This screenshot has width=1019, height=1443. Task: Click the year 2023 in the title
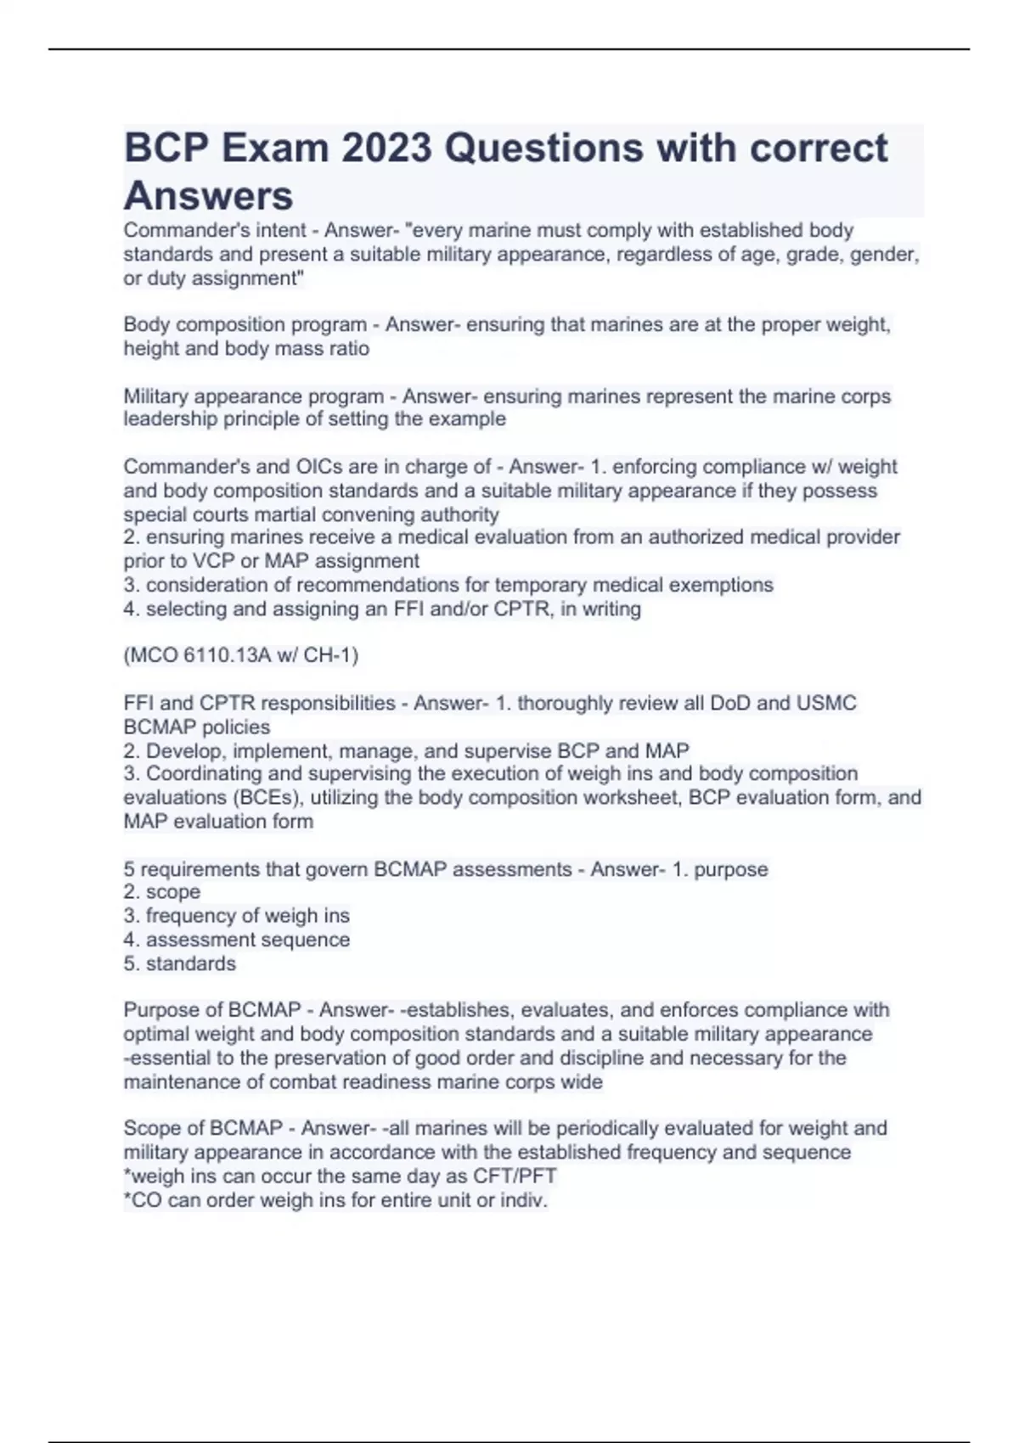coord(386,148)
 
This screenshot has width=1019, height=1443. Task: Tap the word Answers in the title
coord(208,196)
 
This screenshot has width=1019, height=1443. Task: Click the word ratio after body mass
coord(348,349)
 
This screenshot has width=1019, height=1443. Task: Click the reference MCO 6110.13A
coord(207,655)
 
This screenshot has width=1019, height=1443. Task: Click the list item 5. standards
coord(179,963)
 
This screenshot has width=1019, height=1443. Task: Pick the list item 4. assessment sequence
coord(236,940)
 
